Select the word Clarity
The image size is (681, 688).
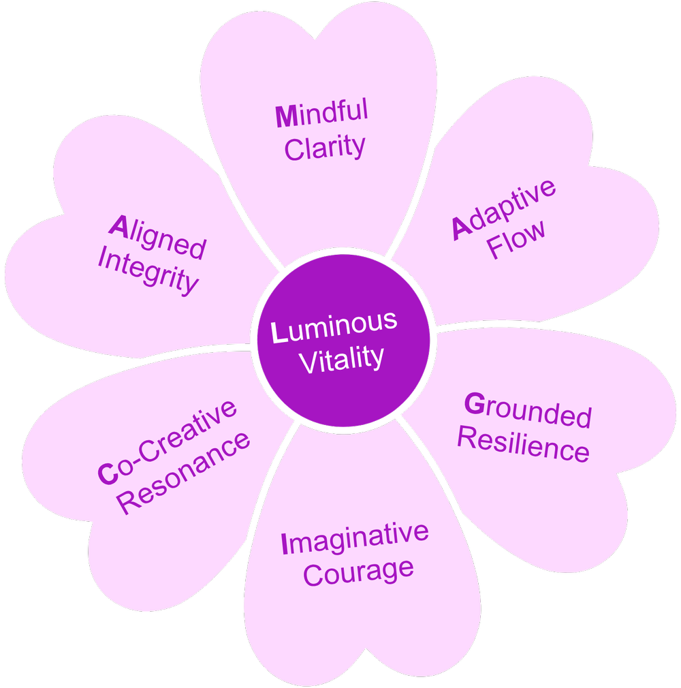tap(325, 147)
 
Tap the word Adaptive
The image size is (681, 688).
tap(505, 209)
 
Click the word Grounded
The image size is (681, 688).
tap(528, 410)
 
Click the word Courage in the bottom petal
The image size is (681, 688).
tap(358, 571)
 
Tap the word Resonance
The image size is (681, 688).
tap(184, 473)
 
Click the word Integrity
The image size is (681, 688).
tap(148, 271)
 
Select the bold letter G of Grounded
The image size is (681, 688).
tap(473, 404)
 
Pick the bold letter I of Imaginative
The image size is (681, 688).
tap(285, 544)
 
